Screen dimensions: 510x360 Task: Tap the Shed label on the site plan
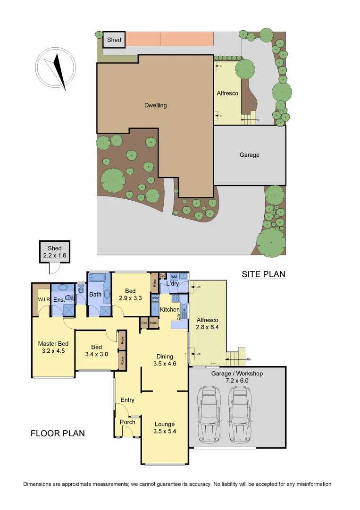114,40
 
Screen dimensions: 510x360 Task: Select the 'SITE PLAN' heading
263,274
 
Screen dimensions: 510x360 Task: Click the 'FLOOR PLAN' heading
58,433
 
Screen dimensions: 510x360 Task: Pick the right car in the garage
241,415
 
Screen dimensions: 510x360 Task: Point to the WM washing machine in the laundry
174,276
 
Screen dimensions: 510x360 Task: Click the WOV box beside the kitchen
155,298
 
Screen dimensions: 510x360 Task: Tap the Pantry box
154,323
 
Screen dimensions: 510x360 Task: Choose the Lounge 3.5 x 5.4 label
164,428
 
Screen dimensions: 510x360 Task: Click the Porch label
127,422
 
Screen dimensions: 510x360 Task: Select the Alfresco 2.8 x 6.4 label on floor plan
208,323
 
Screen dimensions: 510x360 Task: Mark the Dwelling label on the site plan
155,105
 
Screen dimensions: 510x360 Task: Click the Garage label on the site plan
249,155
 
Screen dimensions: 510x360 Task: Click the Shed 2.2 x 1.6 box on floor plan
51,251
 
